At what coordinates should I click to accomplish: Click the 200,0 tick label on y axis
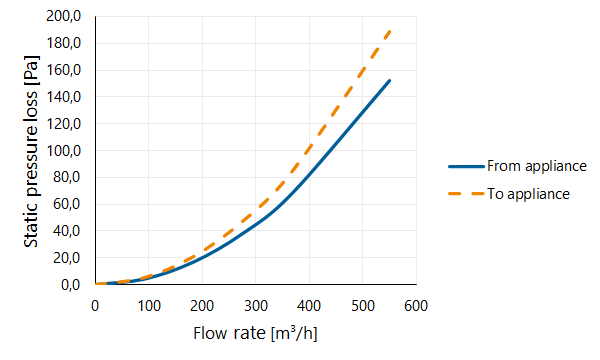coord(64,16)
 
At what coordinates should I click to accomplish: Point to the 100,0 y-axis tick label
coord(64,151)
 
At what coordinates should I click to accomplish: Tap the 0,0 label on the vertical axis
coord(70,285)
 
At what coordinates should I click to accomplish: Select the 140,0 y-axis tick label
coord(64,97)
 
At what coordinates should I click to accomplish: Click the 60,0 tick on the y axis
coord(67,204)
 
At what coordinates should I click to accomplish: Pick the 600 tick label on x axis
coord(416,306)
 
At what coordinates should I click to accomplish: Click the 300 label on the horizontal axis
coord(256,306)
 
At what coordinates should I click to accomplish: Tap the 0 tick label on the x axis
coord(95,306)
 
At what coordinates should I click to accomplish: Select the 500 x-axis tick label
coord(362,306)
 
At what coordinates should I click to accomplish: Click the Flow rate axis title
coord(255,333)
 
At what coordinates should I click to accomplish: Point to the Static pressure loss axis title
coord(31,151)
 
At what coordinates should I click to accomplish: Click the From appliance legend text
coord(536,166)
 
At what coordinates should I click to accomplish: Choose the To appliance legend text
coord(528,194)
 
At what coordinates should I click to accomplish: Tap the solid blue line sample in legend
coord(466,166)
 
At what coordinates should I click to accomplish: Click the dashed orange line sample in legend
coord(466,194)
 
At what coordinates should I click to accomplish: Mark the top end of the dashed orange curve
coord(390,31)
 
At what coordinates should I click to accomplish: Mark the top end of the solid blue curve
coord(389,81)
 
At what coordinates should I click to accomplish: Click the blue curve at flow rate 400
coord(309,174)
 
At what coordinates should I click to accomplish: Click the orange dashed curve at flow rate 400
coord(309,147)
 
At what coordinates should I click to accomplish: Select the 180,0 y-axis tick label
coord(64,43)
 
